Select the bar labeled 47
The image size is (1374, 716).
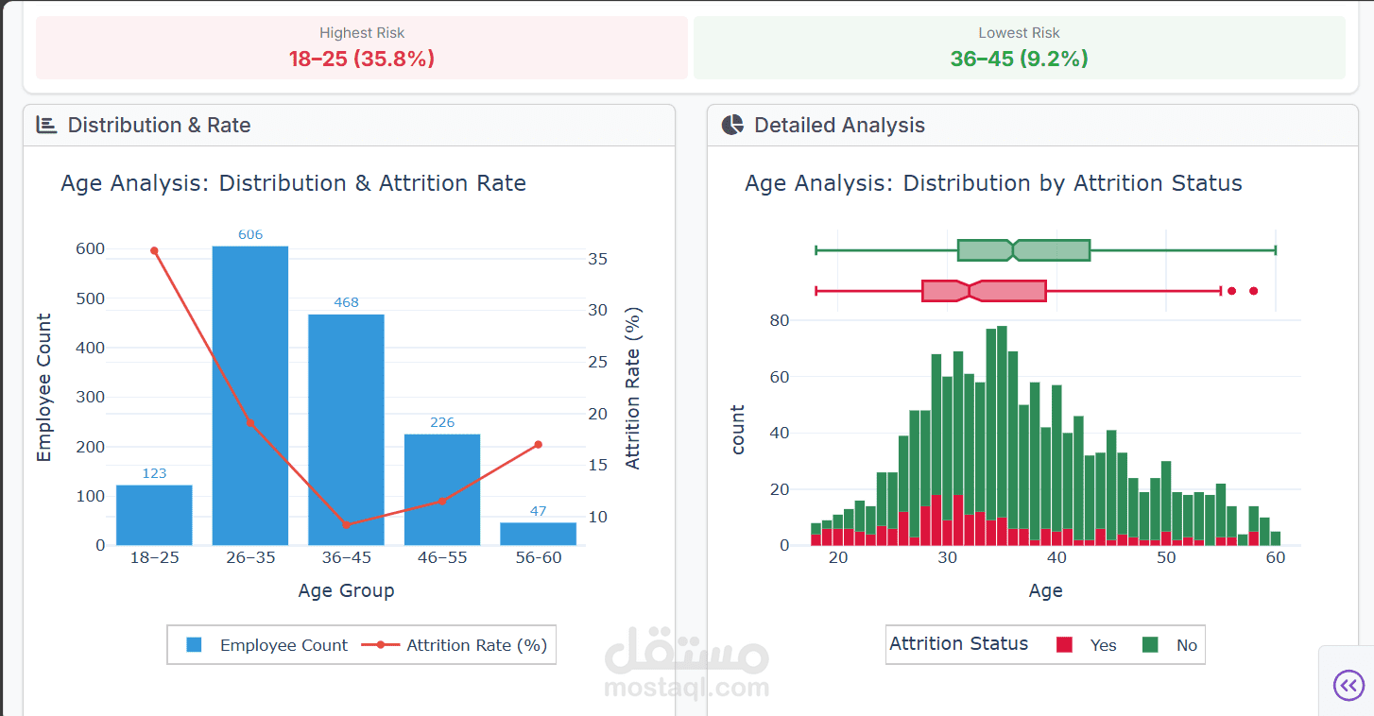[538, 534]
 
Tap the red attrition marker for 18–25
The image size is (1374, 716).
[154, 250]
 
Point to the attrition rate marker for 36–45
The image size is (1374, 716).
[346, 524]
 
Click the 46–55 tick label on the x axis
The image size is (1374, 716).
[441, 557]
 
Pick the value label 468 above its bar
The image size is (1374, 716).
[346, 302]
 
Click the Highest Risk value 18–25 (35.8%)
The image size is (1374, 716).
[361, 59]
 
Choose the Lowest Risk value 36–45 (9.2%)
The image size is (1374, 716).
[1019, 59]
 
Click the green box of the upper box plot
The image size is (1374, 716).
[1023, 250]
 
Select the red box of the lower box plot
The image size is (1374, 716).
[984, 291]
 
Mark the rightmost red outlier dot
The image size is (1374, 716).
[1254, 291]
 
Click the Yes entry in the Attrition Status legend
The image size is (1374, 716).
[1087, 645]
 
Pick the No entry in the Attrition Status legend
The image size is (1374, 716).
[1171, 645]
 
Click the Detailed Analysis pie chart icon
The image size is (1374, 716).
[732, 125]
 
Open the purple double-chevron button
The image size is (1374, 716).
[1348, 685]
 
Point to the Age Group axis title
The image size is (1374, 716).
[346, 590]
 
